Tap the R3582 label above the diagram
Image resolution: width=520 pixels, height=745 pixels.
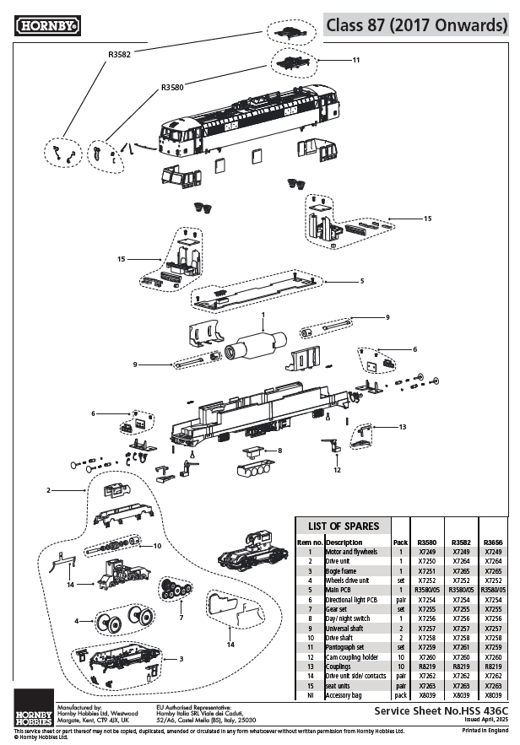(119, 54)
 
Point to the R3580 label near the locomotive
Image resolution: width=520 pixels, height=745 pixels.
(172, 86)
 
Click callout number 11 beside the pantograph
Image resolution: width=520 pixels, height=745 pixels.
(356, 61)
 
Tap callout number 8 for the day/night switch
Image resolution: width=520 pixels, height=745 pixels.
(279, 451)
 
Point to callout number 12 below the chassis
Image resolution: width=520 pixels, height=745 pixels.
(338, 469)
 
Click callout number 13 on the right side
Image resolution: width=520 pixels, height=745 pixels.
(402, 427)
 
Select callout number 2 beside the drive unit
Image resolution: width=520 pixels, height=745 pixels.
(49, 490)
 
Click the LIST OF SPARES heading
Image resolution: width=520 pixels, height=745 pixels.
(343, 526)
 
